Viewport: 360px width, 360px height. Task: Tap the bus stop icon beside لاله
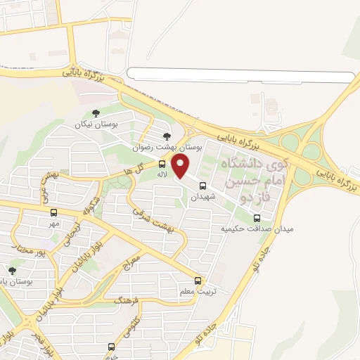(162, 160)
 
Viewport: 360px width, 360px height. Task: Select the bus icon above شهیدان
(203, 186)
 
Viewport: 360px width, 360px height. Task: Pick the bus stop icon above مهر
(54, 212)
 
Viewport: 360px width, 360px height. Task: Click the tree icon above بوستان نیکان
(96, 112)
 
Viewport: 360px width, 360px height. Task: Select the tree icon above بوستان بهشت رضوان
(167, 136)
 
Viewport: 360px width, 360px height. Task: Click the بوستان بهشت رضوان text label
(166, 148)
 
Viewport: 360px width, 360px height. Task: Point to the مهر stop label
(54, 223)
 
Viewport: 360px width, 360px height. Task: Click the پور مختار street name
(30, 247)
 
